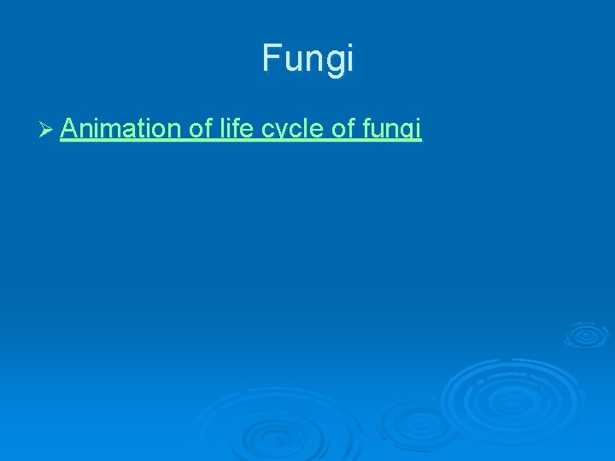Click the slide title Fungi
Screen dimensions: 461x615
pos(307,59)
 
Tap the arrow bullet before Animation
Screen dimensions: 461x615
pos(48,130)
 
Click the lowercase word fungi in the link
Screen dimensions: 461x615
pos(392,130)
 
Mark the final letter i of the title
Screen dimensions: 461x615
pos(348,58)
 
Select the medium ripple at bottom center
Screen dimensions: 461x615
pos(410,423)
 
